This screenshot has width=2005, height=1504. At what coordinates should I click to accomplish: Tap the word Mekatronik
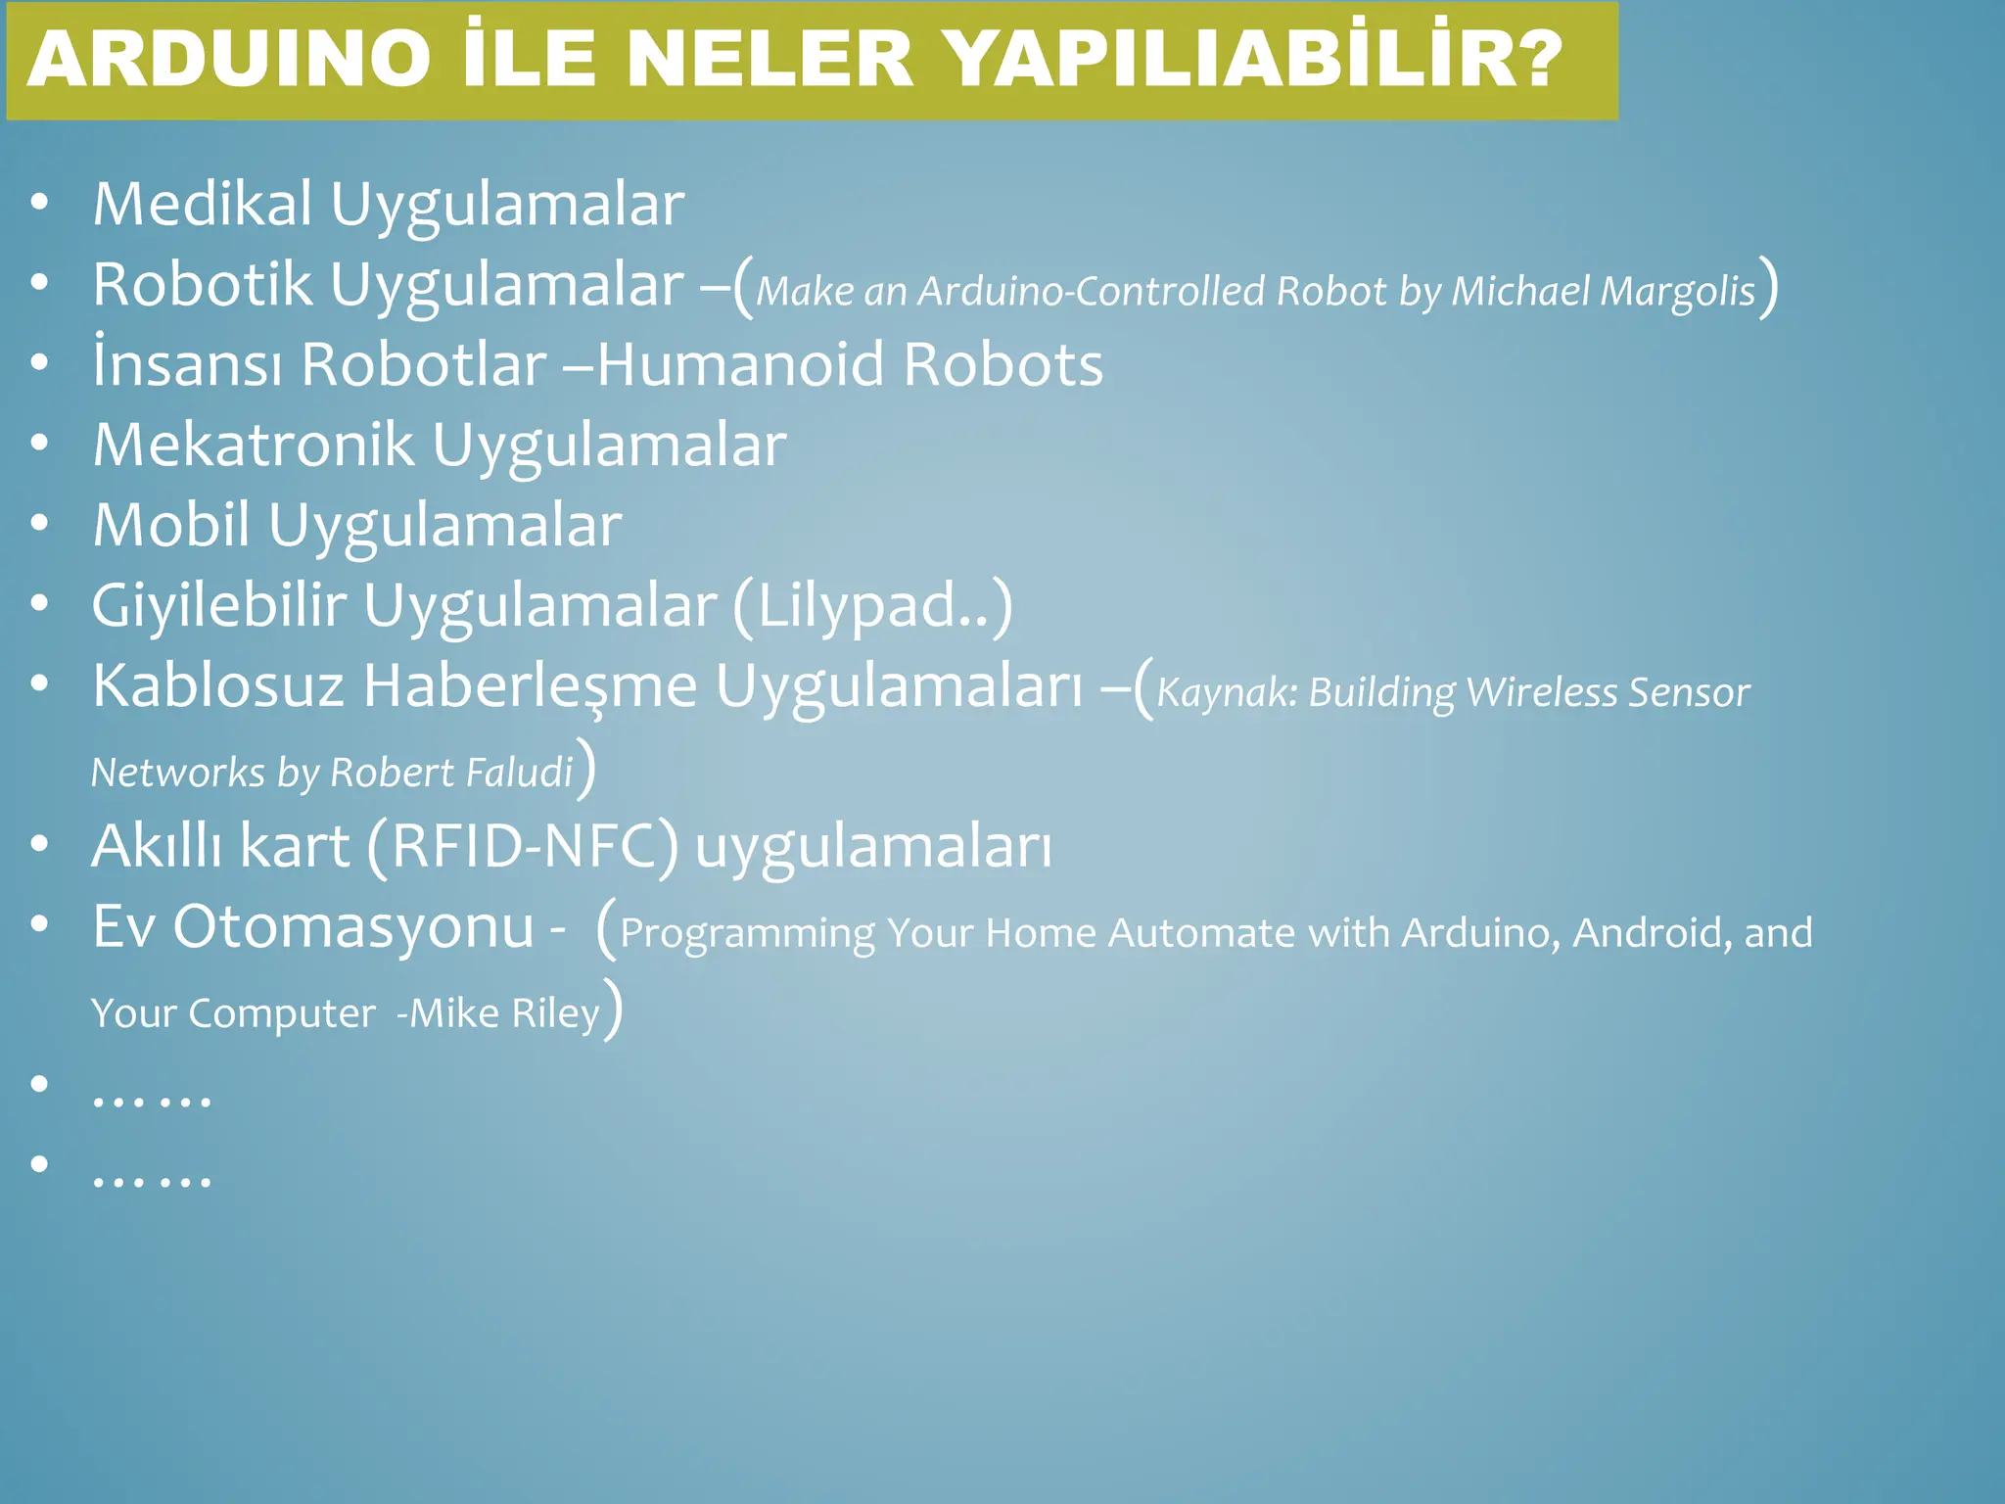pos(254,446)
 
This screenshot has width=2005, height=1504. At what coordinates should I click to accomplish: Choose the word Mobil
pos(171,526)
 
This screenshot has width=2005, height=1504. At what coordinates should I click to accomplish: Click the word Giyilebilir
pos(219,605)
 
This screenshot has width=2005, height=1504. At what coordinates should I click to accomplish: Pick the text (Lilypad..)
pos(872,607)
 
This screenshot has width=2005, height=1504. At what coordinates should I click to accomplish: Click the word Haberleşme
pos(530,685)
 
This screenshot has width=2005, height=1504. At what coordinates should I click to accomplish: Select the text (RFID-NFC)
pos(523,847)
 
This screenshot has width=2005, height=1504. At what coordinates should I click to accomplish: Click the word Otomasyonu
pos(353,927)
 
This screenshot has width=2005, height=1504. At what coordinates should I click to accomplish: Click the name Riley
pos(555,1013)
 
